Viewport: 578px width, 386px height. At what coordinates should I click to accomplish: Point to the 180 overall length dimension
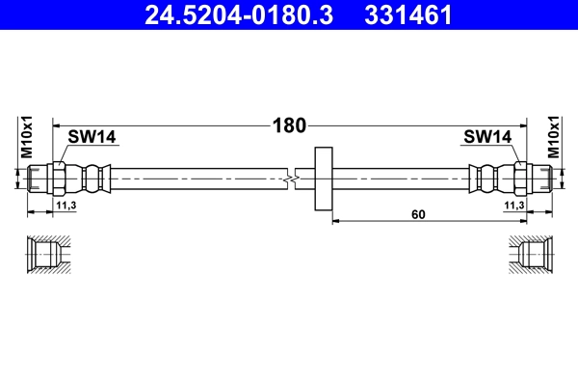point(290,124)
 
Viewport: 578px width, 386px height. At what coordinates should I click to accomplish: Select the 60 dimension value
point(418,214)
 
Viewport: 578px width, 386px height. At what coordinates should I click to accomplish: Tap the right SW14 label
point(486,138)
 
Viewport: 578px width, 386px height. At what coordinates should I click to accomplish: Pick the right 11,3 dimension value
point(513,206)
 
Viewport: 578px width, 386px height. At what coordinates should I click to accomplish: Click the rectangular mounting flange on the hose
point(324,179)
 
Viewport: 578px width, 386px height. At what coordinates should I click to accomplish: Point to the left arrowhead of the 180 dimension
point(56,124)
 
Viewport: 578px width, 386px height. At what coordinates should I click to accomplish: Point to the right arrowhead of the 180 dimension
point(523,124)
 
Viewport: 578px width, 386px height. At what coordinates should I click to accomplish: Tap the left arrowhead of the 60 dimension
point(336,221)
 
